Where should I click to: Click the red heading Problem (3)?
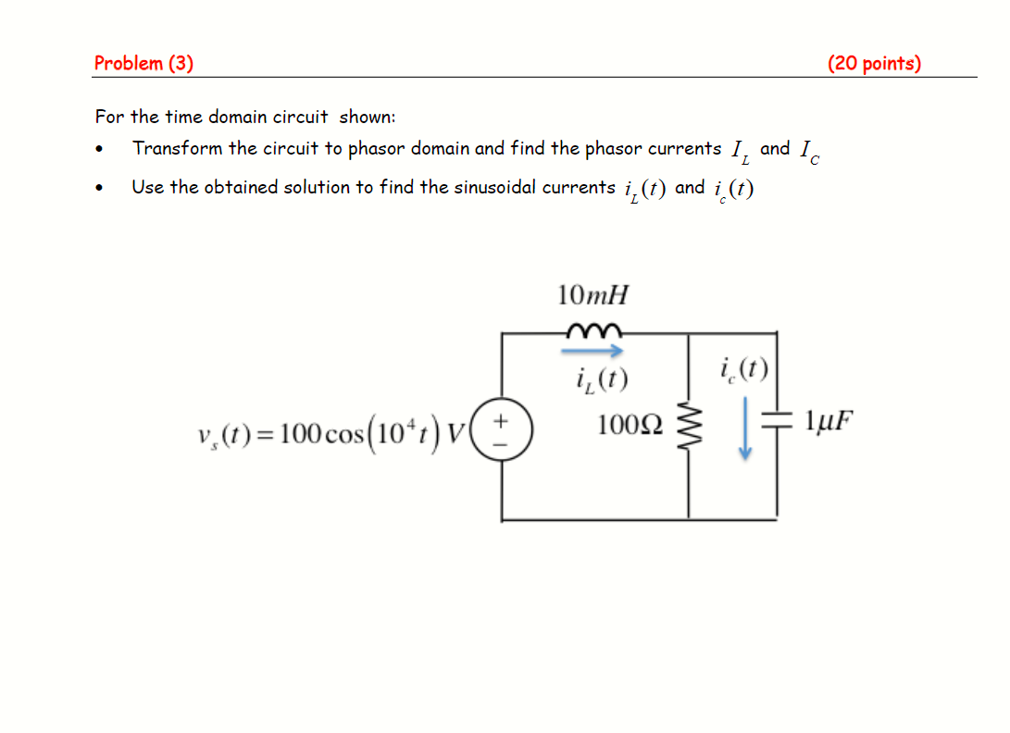143,63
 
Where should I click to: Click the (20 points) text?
874,63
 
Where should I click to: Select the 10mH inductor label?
592,295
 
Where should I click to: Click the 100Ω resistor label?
630,425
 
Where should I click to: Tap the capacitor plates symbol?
776,422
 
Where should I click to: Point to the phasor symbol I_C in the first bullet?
808,150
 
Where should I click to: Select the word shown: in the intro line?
368,117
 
